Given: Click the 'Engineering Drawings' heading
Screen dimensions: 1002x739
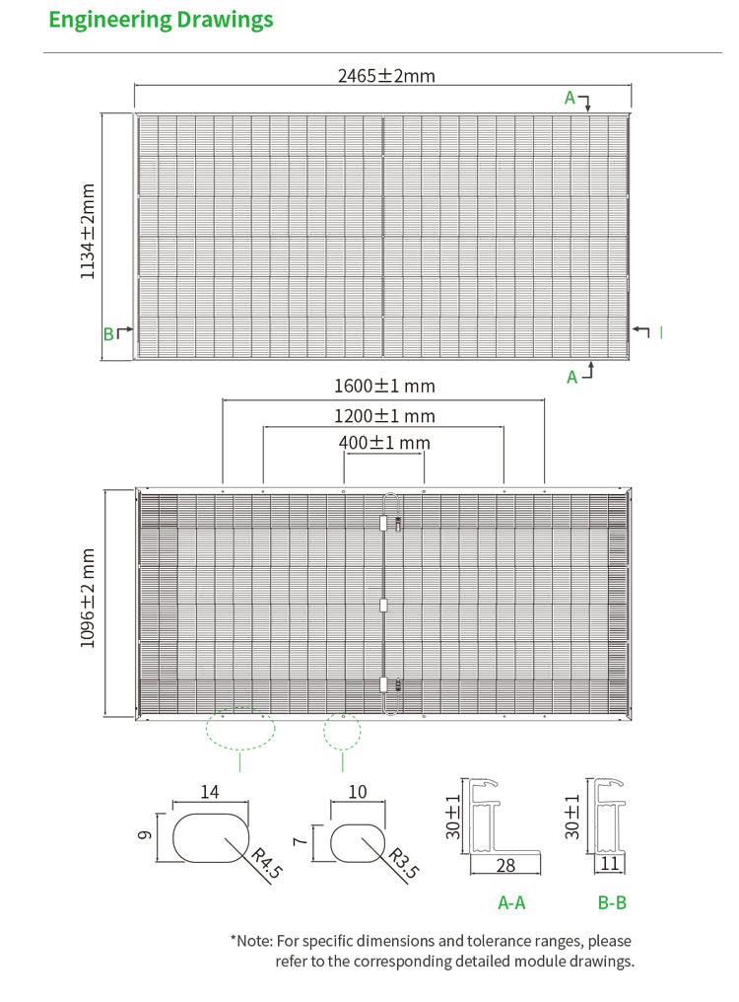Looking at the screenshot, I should pyautogui.click(x=161, y=20).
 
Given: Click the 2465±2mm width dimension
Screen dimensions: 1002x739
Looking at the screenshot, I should pyautogui.click(x=386, y=75).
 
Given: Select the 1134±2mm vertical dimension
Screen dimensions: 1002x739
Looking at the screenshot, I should pyautogui.click(x=90, y=231).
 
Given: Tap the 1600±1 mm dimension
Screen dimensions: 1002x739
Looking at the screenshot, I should pyautogui.click(x=384, y=386).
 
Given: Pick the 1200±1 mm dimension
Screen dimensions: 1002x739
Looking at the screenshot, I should pyautogui.click(x=384, y=416).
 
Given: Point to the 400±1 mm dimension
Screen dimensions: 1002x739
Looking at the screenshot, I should pyautogui.click(x=384, y=443).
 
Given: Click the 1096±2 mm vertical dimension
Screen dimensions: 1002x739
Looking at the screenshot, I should pyautogui.click(x=90, y=599).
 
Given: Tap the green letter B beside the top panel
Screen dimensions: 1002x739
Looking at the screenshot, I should pyautogui.click(x=108, y=333).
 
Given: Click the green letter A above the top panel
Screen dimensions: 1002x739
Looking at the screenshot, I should pyautogui.click(x=570, y=97).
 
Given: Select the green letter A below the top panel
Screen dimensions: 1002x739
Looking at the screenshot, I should pyautogui.click(x=571, y=377).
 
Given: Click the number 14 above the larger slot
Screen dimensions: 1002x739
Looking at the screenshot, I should pyautogui.click(x=210, y=791).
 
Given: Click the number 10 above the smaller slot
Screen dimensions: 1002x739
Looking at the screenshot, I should pyautogui.click(x=357, y=791).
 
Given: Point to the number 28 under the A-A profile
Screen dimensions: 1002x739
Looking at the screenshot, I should pyautogui.click(x=506, y=866).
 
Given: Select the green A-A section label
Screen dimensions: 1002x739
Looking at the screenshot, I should pyautogui.click(x=511, y=902).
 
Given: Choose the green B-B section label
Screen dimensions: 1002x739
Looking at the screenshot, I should pyautogui.click(x=612, y=902).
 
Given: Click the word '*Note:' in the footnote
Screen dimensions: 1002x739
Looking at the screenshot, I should pyautogui.click(x=251, y=941).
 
